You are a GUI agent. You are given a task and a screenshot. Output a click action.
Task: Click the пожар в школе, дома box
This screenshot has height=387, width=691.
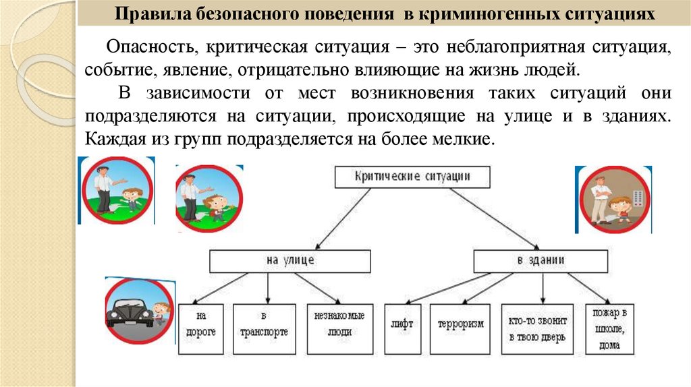tap(609, 329)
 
